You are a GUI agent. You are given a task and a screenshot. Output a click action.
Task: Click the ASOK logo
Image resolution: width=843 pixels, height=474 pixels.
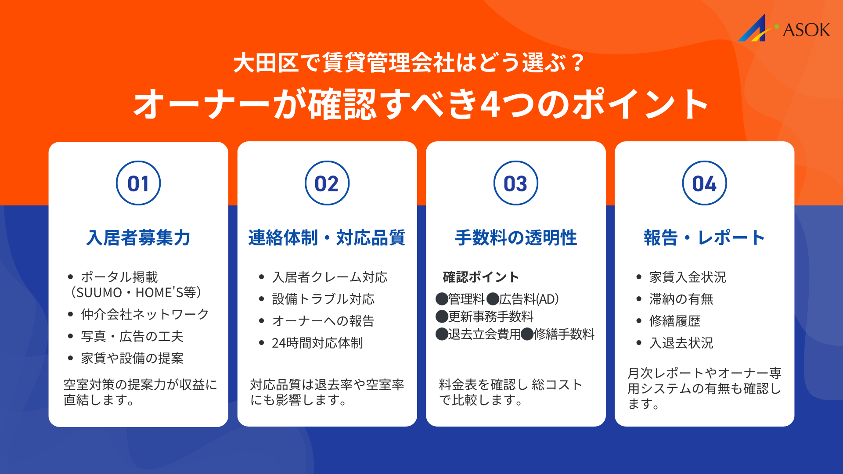coord(784,29)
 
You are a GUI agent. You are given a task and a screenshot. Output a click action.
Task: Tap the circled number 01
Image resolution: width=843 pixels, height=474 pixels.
coord(138,183)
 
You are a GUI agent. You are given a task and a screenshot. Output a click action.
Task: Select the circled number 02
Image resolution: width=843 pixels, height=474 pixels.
coord(327,183)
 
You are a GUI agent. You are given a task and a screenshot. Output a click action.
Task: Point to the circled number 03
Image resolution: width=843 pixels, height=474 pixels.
coord(516,183)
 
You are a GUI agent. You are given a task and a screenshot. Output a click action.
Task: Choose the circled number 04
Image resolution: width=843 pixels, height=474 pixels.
coord(705,183)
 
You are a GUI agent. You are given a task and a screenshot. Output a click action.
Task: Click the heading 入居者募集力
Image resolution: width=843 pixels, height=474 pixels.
coord(138,238)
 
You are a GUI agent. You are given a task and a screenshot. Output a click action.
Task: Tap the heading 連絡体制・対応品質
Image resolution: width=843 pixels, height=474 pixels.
coord(327,238)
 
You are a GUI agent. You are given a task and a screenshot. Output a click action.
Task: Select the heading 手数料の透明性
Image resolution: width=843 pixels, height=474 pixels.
coord(516,238)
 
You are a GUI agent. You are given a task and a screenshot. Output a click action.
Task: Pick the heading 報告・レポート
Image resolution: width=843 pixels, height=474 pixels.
coord(705,238)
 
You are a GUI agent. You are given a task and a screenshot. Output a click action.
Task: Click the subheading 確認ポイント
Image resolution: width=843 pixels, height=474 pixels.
coord(481,277)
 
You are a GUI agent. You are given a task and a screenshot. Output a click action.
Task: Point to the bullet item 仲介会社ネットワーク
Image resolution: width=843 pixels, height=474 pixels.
coord(145,314)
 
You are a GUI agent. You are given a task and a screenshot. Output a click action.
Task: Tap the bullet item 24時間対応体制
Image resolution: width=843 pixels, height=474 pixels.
coord(317,343)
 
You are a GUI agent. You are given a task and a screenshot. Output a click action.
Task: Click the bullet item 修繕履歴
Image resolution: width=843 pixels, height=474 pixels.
coord(674,321)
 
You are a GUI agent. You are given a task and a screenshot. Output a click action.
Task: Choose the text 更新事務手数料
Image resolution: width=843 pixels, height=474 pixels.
coord(490,316)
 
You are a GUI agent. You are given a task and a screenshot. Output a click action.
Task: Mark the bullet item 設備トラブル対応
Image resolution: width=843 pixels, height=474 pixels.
coord(323,299)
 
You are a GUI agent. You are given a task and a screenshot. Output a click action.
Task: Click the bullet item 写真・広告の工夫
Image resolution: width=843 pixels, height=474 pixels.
coord(132,337)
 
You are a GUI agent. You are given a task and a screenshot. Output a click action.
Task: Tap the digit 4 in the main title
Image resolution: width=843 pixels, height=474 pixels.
coord(490,105)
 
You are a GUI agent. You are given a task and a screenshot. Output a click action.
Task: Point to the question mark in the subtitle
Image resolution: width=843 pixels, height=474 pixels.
coord(578,63)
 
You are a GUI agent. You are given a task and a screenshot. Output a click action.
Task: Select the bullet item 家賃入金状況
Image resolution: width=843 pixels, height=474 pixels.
coord(688,277)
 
